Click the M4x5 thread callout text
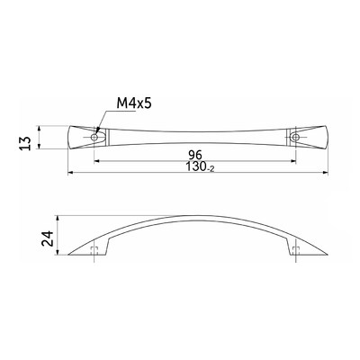[x=134, y=104]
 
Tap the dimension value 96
[x=195, y=155]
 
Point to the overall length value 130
[x=196, y=166]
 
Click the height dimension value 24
[x=47, y=238]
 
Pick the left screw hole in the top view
[x=94, y=138]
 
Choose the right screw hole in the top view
[x=296, y=138]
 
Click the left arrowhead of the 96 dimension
[x=97, y=161]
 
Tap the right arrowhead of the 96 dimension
[x=293, y=161]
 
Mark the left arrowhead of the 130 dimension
[x=71, y=173]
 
